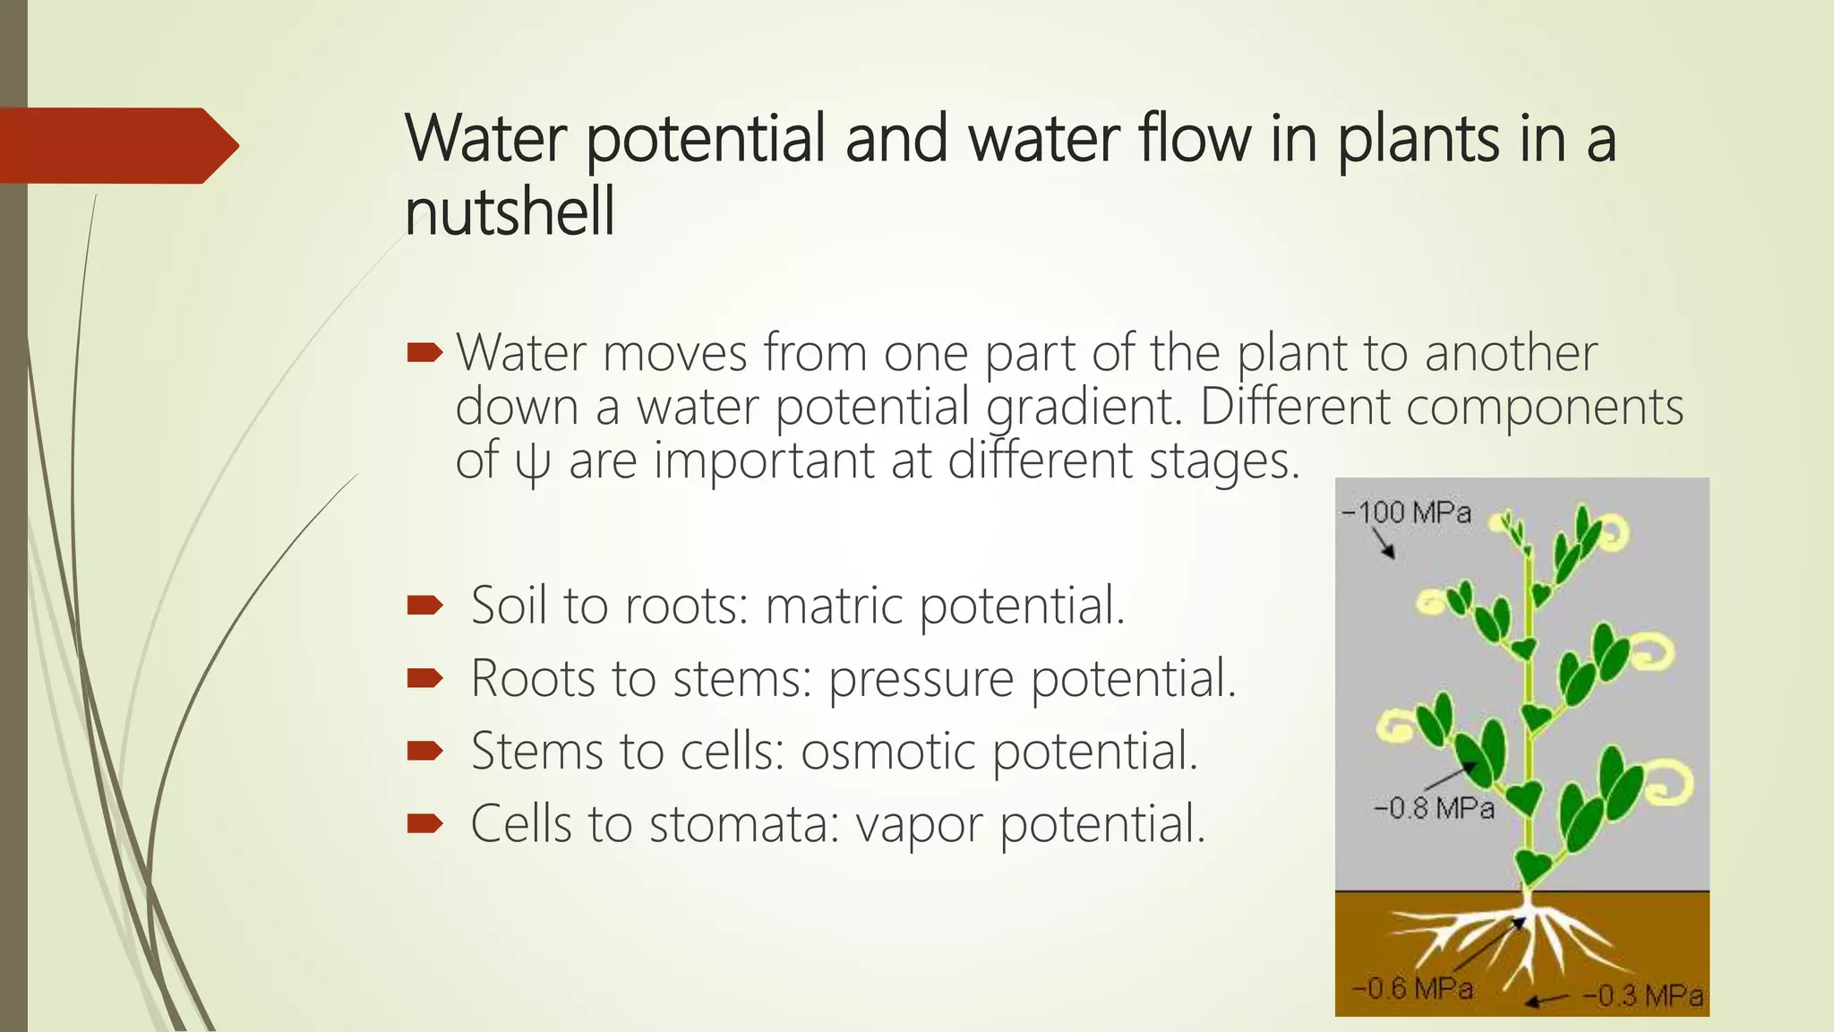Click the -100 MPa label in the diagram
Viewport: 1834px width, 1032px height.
(1406, 513)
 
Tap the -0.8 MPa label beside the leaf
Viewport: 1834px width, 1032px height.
(1434, 809)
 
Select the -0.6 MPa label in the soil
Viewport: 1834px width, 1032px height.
(1412, 989)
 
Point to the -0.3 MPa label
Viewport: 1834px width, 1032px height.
(1642, 996)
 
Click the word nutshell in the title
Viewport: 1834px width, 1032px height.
(510, 212)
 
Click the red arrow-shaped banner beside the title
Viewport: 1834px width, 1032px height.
(116, 146)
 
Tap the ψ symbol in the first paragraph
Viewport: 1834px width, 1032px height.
(532, 463)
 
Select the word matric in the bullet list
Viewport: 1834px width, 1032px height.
(835, 606)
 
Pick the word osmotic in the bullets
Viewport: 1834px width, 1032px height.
(887, 752)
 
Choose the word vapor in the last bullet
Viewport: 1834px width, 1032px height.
(919, 824)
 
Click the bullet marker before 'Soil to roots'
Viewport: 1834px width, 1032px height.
(424, 606)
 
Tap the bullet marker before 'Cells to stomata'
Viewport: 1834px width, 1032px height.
(424, 823)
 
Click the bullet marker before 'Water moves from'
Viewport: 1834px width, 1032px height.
(424, 353)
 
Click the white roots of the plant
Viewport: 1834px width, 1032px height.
(1522, 941)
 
